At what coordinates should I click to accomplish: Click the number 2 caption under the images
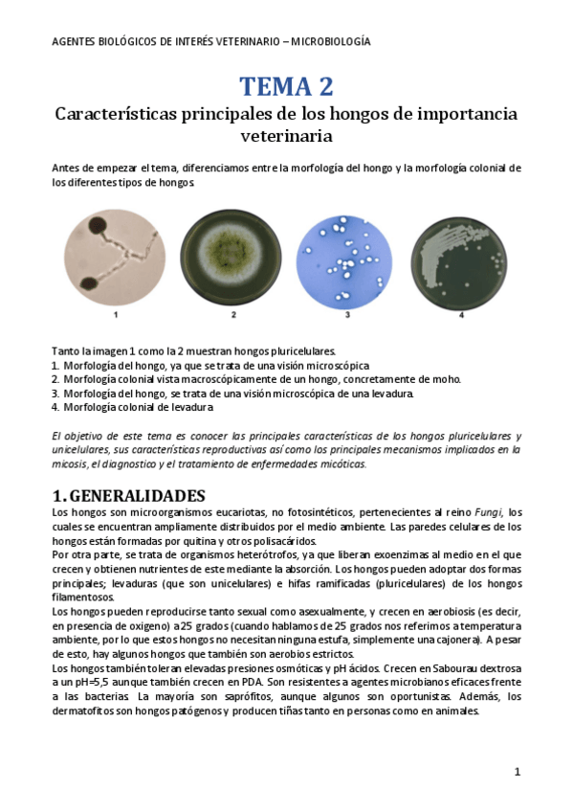[x=232, y=314]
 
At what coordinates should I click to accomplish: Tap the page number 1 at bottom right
[x=517, y=772]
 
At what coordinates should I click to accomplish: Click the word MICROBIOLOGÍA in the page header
[x=331, y=42]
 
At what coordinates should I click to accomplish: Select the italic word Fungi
[x=487, y=513]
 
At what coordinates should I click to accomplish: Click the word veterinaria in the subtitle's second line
[x=286, y=136]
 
